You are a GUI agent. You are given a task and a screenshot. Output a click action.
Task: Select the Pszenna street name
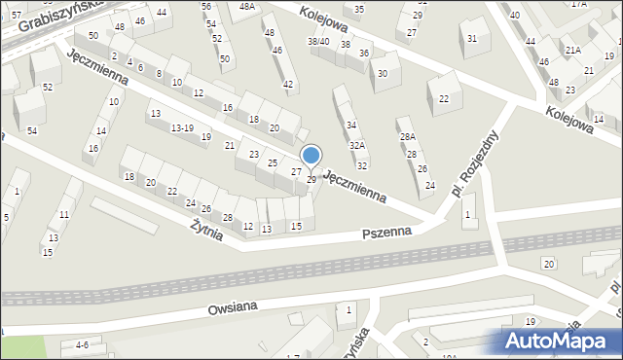(386, 234)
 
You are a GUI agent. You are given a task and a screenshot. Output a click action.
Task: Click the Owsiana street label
(232, 307)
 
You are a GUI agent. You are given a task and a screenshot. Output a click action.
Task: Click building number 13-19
(182, 128)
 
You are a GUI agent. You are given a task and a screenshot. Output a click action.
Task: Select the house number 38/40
(318, 42)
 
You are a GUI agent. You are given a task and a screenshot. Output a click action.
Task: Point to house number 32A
(357, 146)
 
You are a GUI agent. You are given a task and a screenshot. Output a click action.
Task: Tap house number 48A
(247, 7)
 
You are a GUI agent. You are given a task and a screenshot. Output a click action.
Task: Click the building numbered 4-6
(82, 345)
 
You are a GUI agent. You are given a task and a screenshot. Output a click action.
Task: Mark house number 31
(472, 39)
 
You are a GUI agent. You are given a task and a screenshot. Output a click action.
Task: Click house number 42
(288, 85)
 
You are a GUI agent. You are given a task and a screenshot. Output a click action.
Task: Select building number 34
(351, 126)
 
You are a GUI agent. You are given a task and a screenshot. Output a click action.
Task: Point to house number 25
(274, 162)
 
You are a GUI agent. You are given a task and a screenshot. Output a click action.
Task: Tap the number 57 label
(16, 15)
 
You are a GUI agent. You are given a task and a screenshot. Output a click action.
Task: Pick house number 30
(384, 74)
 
